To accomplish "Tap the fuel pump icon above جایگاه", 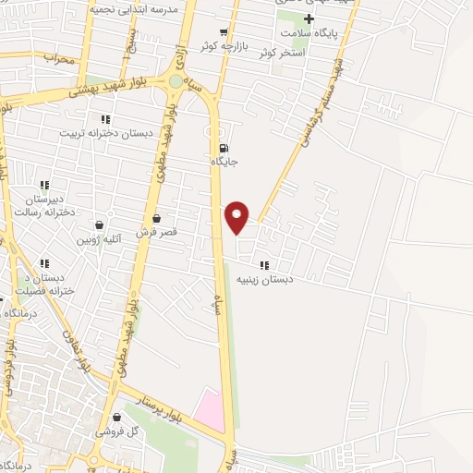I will point(224,148).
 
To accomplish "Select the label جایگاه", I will point(224,163).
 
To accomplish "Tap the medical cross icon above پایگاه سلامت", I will point(309,19).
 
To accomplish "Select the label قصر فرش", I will point(155,233).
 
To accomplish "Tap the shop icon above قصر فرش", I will point(155,219).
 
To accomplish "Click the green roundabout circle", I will point(176,81).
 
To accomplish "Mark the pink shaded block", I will point(210,410).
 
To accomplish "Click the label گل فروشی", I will point(119,431).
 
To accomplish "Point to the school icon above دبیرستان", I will point(44,185).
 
